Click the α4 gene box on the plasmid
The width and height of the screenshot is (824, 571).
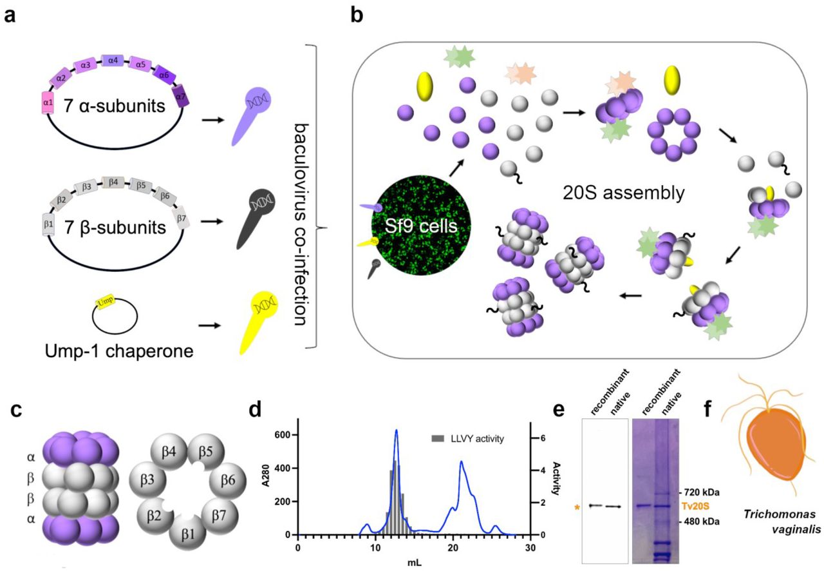pos(113,61)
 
